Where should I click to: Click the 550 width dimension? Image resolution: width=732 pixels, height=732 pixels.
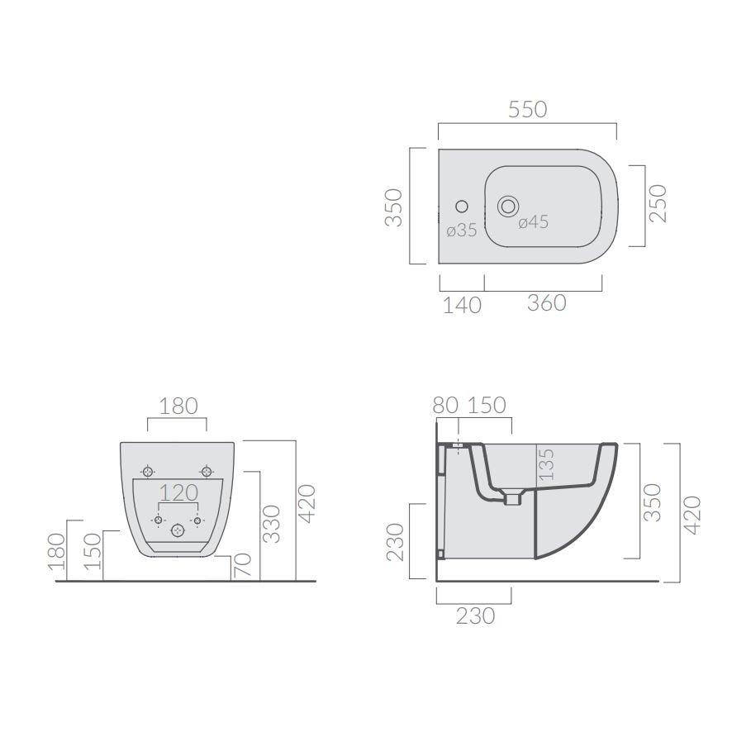528,109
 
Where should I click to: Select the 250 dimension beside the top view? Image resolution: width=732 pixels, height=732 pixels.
658,203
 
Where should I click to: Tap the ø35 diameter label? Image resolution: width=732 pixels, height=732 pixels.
461,231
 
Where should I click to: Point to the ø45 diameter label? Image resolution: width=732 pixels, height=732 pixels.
533,221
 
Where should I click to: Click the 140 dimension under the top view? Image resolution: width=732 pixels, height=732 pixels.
462,306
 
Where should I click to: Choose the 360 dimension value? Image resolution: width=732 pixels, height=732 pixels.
547,303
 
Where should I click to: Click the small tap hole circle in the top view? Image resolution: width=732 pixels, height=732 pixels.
462,207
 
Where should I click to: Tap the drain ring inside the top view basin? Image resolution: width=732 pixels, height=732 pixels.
507,206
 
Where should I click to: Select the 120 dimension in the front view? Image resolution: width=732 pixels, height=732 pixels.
178,492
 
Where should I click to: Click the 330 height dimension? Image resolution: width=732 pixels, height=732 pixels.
271,524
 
